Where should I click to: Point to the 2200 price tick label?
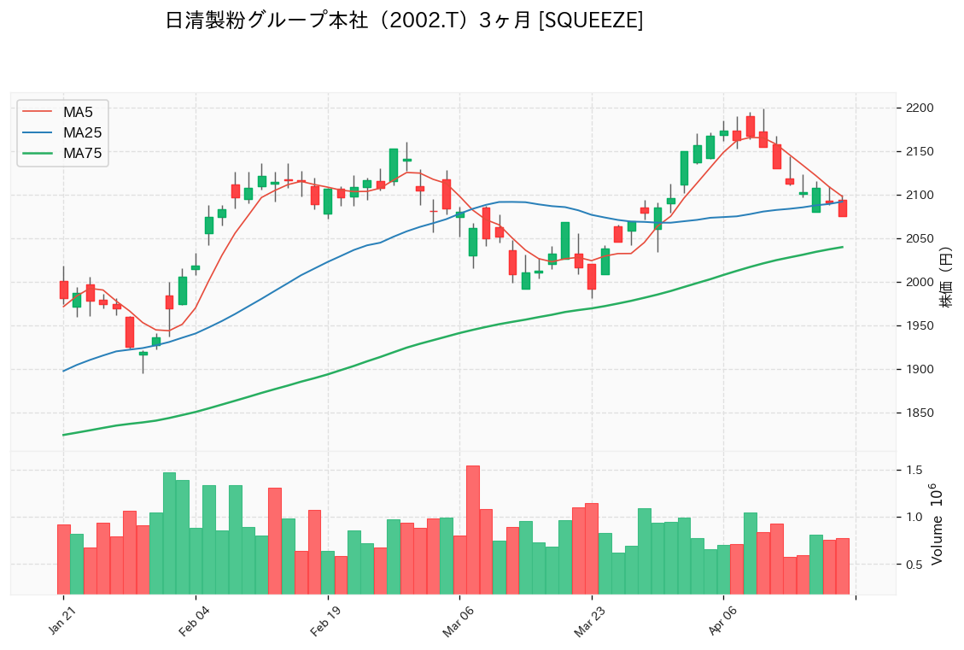(920, 108)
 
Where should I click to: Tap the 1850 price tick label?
(920, 413)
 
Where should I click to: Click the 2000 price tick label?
(920, 283)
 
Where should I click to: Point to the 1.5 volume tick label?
(914, 471)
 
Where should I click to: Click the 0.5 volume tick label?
(914, 565)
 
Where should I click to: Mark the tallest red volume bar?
(472, 530)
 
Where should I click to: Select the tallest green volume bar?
(169, 533)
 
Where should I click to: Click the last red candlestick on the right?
(843, 208)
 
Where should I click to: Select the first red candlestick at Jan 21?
(63, 290)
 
